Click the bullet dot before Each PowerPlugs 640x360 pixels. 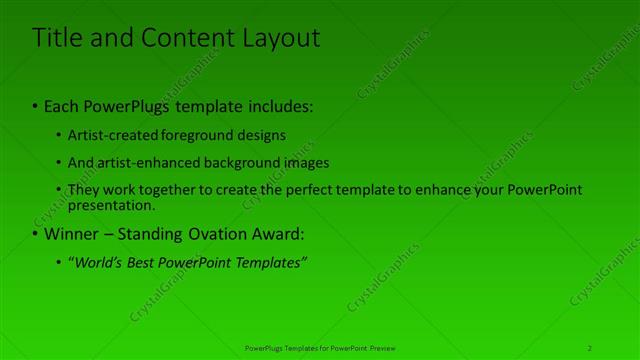pos(36,105)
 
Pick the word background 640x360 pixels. pos(241,162)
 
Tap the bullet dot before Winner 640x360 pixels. pos(36,234)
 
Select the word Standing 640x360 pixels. pos(160,234)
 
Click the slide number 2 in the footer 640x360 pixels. pos(590,347)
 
